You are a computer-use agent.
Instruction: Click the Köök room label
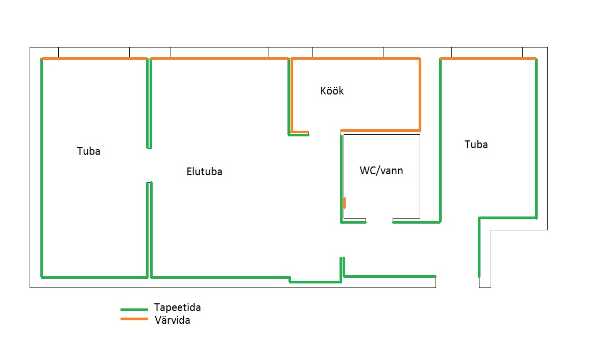pos(332,91)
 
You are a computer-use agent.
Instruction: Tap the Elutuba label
pos(204,172)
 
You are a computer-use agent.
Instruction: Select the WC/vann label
pos(381,171)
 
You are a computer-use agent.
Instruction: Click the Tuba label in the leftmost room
pos(89,151)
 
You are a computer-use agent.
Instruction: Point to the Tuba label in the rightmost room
pos(476,145)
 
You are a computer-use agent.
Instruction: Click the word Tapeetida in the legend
pos(177,307)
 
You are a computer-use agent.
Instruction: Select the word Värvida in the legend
pos(172,321)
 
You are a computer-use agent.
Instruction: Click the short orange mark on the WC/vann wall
pos(345,202)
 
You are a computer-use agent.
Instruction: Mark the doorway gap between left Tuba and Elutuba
pos(149,165)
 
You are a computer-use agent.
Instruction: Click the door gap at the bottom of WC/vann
pos(379,222)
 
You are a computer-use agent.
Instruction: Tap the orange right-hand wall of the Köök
pos(420,94)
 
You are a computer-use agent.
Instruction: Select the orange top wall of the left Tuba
pos(94,59)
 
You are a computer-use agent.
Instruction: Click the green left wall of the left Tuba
pos(41,169)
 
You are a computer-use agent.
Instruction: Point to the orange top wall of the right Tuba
pos(488,59)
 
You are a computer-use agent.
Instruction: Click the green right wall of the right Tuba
pos(536,138)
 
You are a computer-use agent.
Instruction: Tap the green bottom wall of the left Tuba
pos(94,277)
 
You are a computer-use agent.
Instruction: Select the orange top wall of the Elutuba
pos(220,59)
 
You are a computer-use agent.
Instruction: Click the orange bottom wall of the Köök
pos(380,130)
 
